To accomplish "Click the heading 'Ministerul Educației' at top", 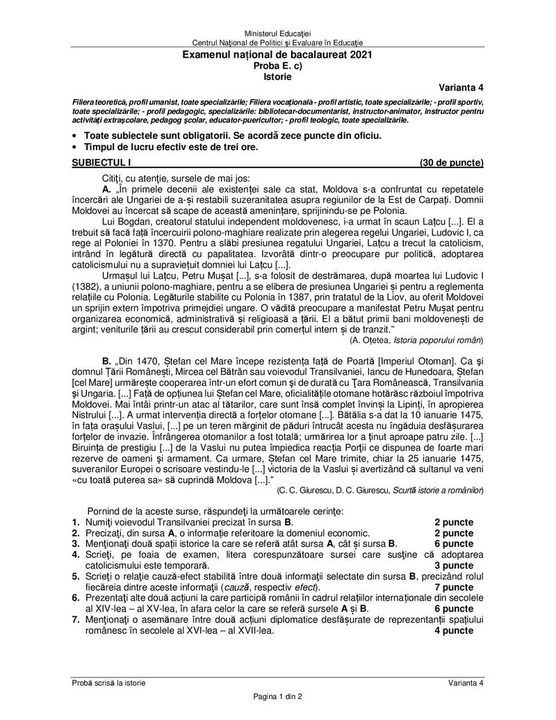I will click(277, 34).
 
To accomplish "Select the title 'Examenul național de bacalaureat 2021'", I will click(277, 54).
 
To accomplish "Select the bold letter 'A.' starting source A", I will click(106, 188).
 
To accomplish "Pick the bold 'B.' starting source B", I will click(106, 361).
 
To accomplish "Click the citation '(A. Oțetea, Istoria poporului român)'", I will click(416, 340).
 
